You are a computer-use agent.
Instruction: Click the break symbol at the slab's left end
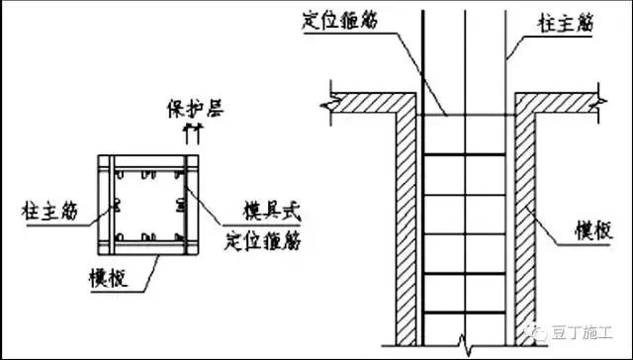pos(324,102)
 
